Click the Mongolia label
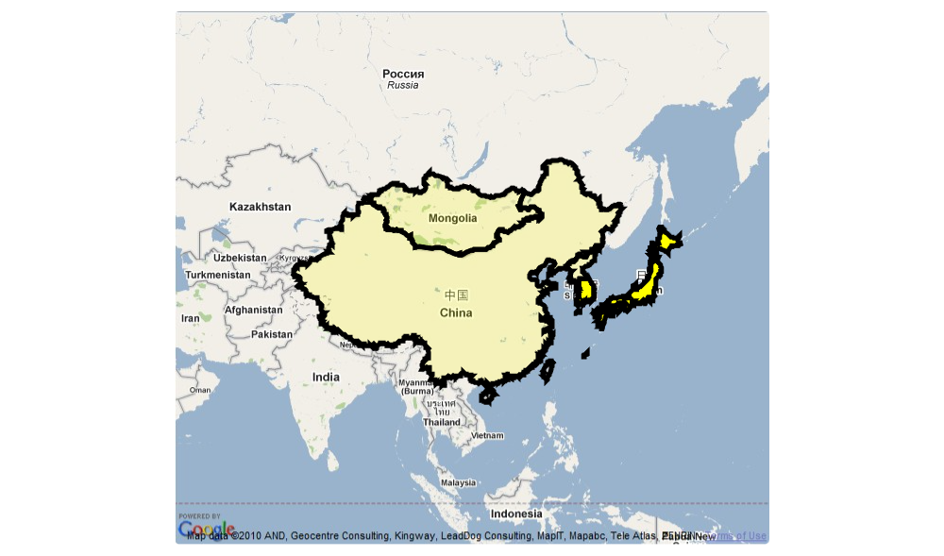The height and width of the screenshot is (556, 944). coord(452,218)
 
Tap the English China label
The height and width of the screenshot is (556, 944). coord(456,312)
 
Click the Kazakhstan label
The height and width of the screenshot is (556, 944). coord(260,206)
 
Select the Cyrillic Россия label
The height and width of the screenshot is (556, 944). coord(403,74)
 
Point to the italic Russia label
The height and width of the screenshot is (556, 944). coord(403,85)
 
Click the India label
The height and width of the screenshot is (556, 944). coord(326,377)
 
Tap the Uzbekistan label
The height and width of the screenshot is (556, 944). coord(240,258)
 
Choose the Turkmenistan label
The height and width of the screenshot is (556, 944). coord(218,275)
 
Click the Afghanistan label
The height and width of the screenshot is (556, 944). coord(253,310)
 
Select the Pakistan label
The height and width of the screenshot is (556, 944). coord(272,334)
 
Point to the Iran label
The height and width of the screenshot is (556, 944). coord(191,318)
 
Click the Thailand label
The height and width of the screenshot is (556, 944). coord(442,422)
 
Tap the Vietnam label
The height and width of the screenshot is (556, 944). coord(488,435)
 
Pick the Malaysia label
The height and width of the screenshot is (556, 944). coord(458,482)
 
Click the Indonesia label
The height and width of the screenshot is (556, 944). coord(516,514)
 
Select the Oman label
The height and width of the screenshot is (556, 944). coord(200,390)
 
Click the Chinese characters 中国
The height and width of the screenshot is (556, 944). coord(456,295)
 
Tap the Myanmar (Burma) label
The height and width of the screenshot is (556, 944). coord(415,386)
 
